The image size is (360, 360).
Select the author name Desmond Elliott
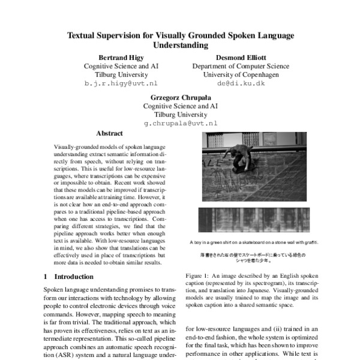[235, 57]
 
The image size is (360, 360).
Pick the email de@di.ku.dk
[235, 84]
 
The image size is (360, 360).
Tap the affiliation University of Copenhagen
[235, 75]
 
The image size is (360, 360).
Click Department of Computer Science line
[235, 66]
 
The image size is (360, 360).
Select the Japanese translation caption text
[251, 257]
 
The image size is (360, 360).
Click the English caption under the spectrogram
[251, 242]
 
